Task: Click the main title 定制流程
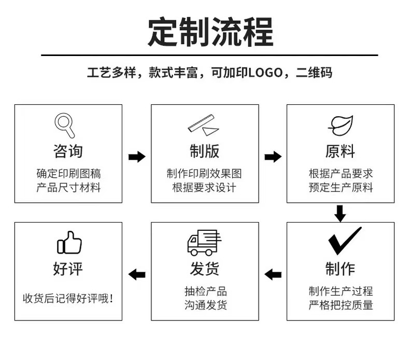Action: click(210, 32)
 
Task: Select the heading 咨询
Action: click(68, 151)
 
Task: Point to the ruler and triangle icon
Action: click(204, 125)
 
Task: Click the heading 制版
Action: click(204, 151)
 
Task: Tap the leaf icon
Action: click(340, 124)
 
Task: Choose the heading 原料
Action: click(340, 151)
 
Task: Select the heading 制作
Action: click(340, 269)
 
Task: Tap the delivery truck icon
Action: click(204, 242)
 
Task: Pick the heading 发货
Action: click(204, 269)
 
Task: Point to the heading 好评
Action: click(68, 269)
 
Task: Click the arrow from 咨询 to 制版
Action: click(137, 157)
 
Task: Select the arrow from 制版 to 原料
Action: click(273, 157)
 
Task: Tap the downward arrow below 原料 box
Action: click(340, 213)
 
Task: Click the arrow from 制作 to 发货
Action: click(273, 274)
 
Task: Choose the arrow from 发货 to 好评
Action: click(137, 274)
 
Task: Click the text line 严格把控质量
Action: click(341, 305)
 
